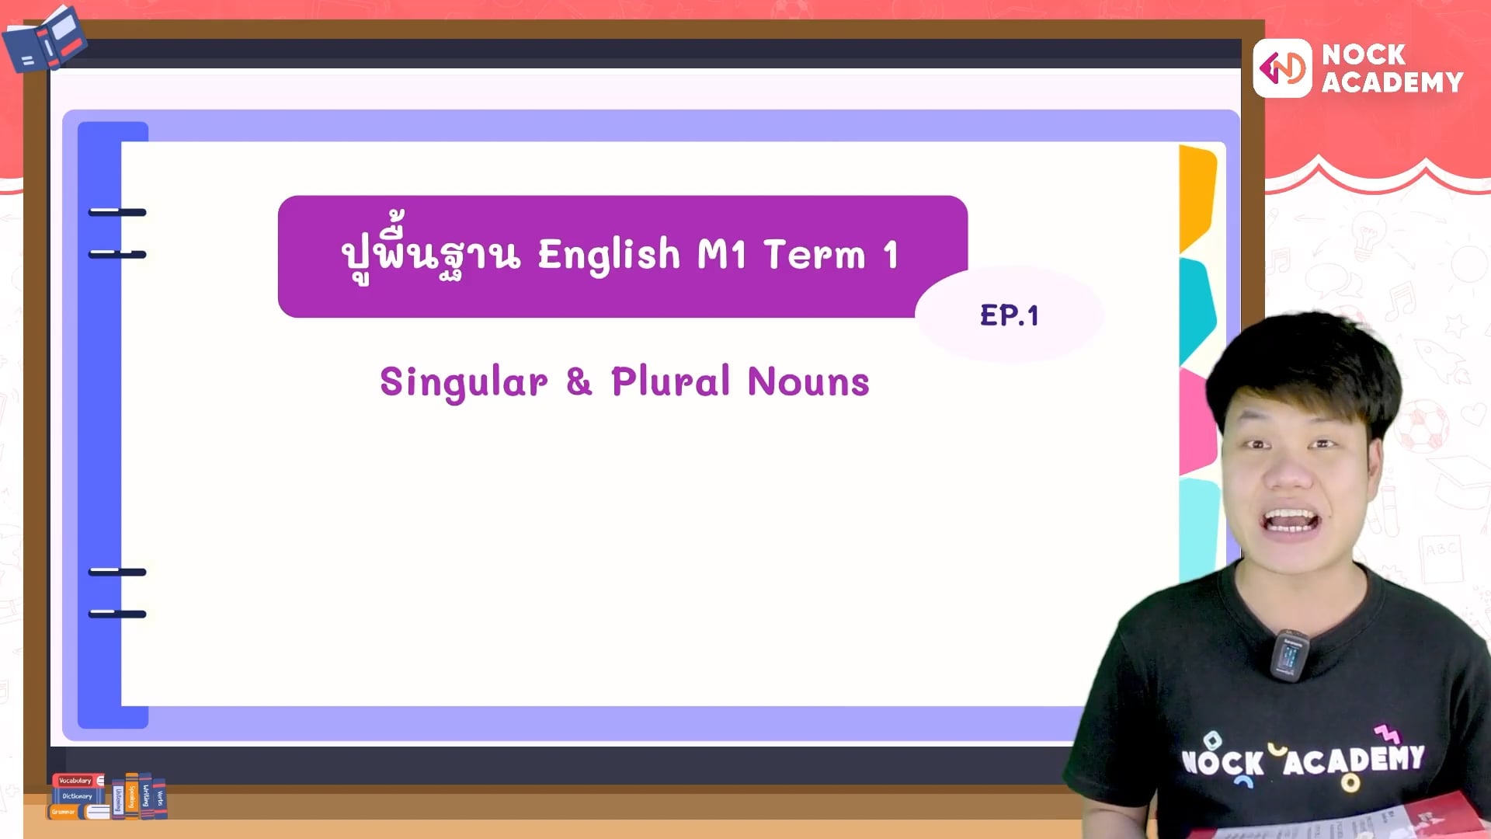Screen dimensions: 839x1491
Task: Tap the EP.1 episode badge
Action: (1009, 315)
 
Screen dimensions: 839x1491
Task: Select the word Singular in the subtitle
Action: (464, 382)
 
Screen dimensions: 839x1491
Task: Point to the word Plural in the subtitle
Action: (670, 381)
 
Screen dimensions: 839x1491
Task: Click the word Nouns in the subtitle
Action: (808, 381)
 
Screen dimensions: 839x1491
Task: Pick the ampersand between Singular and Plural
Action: (579, 381)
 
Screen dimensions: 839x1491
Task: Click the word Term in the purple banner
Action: (814, 254)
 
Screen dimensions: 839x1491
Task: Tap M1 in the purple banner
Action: (722, 254)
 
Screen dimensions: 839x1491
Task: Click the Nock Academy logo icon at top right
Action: (1282, 69)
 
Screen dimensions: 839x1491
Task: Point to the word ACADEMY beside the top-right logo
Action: (1392, 82)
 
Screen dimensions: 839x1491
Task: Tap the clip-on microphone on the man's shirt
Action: (1290, 655)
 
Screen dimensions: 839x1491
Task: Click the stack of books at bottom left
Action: (108, 795)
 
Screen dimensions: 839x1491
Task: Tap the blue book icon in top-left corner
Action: (45, 39)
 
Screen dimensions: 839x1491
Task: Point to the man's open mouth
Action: (1290, 521)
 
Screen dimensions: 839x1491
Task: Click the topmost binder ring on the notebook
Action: (117, 212)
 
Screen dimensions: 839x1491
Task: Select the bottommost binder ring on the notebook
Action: (117, 614)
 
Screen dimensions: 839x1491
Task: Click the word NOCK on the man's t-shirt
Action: (1222, 762)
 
